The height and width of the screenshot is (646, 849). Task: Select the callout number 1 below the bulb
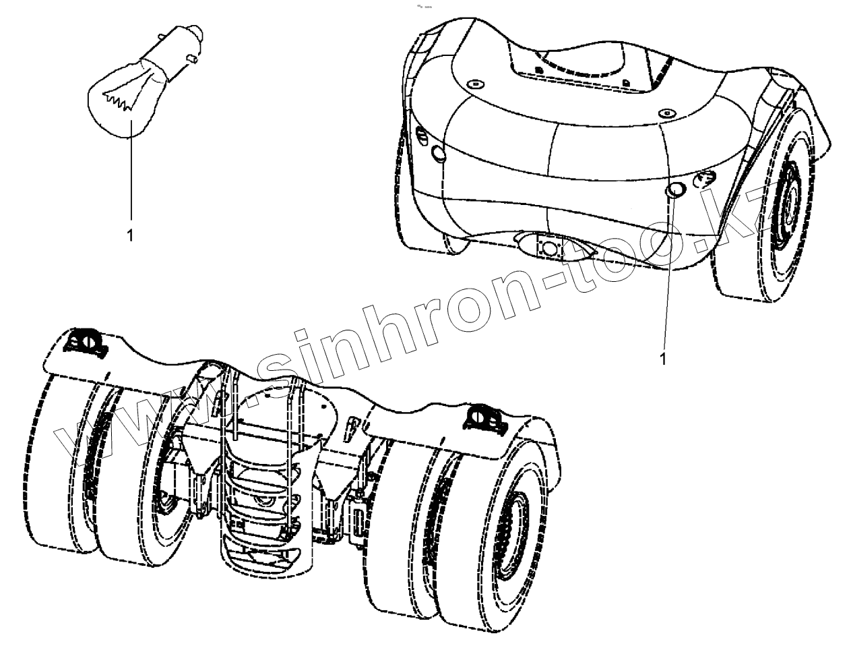coord(129,235)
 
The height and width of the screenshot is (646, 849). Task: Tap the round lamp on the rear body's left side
coord(439,154)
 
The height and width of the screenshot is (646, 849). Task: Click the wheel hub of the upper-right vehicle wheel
coord(786,196)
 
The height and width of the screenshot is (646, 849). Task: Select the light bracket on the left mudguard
coord(84,342)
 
